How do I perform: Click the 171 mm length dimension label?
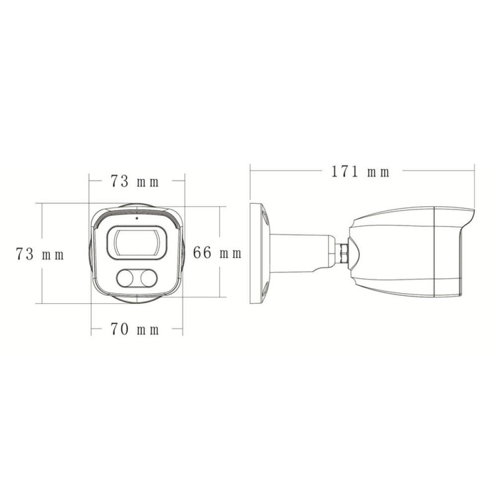coord(360,172)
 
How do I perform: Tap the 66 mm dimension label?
coord(217,253)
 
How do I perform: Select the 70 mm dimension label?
coord(135,329)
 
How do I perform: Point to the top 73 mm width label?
coord(135,182)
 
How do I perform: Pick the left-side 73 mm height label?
coord(40,254)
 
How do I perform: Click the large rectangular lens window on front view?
coord(137,242)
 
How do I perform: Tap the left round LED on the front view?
coord(125,278)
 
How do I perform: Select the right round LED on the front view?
coord(148,278)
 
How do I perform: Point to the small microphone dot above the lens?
coord(136,218)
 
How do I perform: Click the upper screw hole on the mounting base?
coord(265,216)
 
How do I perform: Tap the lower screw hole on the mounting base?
coord(265,290)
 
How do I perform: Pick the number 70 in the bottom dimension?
coord(120,329)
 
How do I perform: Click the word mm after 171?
coord(379,172)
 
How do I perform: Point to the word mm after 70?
coord(150,330)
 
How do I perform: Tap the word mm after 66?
coord(231,253)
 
